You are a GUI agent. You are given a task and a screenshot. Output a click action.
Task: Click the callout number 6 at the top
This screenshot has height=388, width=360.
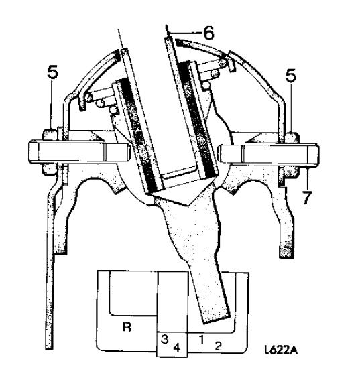click(208, 33)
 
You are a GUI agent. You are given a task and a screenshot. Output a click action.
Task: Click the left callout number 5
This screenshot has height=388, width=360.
click(53, 73)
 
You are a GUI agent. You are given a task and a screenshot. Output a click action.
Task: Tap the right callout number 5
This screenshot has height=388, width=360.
click(291, 76)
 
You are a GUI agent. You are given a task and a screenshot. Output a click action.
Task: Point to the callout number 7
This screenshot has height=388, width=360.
click(307, 198)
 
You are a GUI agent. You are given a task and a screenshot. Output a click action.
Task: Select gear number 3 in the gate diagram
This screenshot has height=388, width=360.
click(165, 339)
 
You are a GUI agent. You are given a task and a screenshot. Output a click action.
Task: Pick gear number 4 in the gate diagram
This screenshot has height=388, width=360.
click(176, 347)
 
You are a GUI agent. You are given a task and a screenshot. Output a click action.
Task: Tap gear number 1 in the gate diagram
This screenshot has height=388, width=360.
click(202, 339)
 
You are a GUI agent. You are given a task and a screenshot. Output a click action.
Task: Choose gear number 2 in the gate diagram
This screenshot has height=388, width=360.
click(218, 346)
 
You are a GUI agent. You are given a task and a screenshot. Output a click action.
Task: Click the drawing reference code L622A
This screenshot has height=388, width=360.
click(281, 350)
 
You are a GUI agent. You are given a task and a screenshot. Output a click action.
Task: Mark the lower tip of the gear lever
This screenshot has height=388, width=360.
click(217, 320)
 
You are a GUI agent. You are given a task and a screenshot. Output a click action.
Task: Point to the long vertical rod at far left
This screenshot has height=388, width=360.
click(49, 272)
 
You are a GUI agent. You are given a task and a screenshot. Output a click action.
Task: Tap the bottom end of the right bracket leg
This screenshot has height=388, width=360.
click(286, 254)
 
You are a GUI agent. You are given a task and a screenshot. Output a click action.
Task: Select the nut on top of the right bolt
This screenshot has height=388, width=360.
click(292, 138)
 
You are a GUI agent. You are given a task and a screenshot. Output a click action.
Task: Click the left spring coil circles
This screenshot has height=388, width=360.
click(101, 103)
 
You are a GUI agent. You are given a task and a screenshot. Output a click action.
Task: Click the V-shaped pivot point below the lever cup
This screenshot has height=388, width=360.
click(189, 204)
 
